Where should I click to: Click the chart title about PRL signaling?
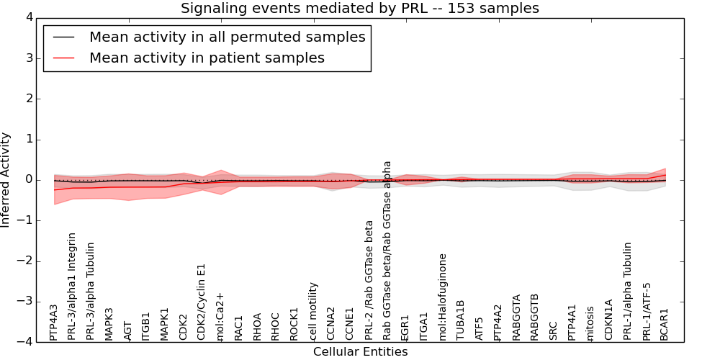click(359, 9)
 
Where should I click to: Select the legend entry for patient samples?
click(207, 58)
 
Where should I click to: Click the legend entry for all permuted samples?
click(227, 37)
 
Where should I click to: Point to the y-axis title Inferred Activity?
click(6, 179)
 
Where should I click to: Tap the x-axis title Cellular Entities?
click(360, 352)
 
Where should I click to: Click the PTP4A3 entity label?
click(54, 323)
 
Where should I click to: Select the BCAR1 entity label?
click(665, 325)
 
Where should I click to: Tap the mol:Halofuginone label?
click(443, 297)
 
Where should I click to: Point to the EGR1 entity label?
click(405, 328)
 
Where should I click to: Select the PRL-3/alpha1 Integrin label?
click(72, 287)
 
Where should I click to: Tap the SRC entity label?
click(554, 330)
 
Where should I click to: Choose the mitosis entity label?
click(590, 324)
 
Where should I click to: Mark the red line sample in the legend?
click(64, 58)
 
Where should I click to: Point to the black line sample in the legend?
click(64, 37)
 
